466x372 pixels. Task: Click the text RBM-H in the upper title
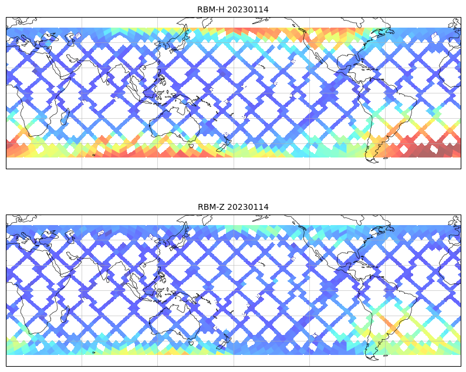[x=209, y=9]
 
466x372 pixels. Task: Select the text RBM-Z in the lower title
[x=209, y=207]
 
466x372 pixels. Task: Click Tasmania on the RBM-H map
[x=191, y=145]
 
